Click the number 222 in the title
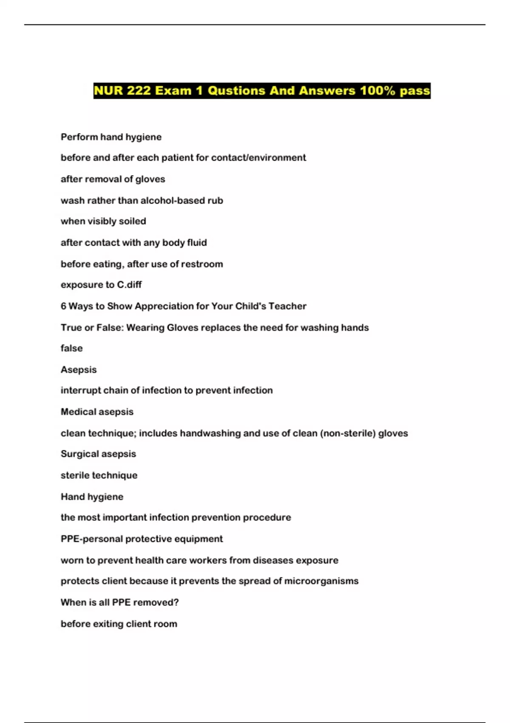pyautogui.click(x=138, y=91)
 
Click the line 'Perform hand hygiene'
pyautogui.click(x=111, y=137)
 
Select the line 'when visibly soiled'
pyautogui.click(x=103, y=221)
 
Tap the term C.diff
pyautogui.click(x=129, y=285)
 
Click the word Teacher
pyautogui.click(x=287, y=306)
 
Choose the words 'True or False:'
pyautogui.click(x=92, y=327)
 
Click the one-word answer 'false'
pyautogui.click(x=71, y=348)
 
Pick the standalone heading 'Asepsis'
pyautogui.click(x=79, y=370)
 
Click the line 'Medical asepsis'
pyautogui.click(x=97, y=412)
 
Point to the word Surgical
pyautogui.click(x=78, y=454)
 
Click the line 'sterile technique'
pyautogui.click(x=99, y=475)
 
